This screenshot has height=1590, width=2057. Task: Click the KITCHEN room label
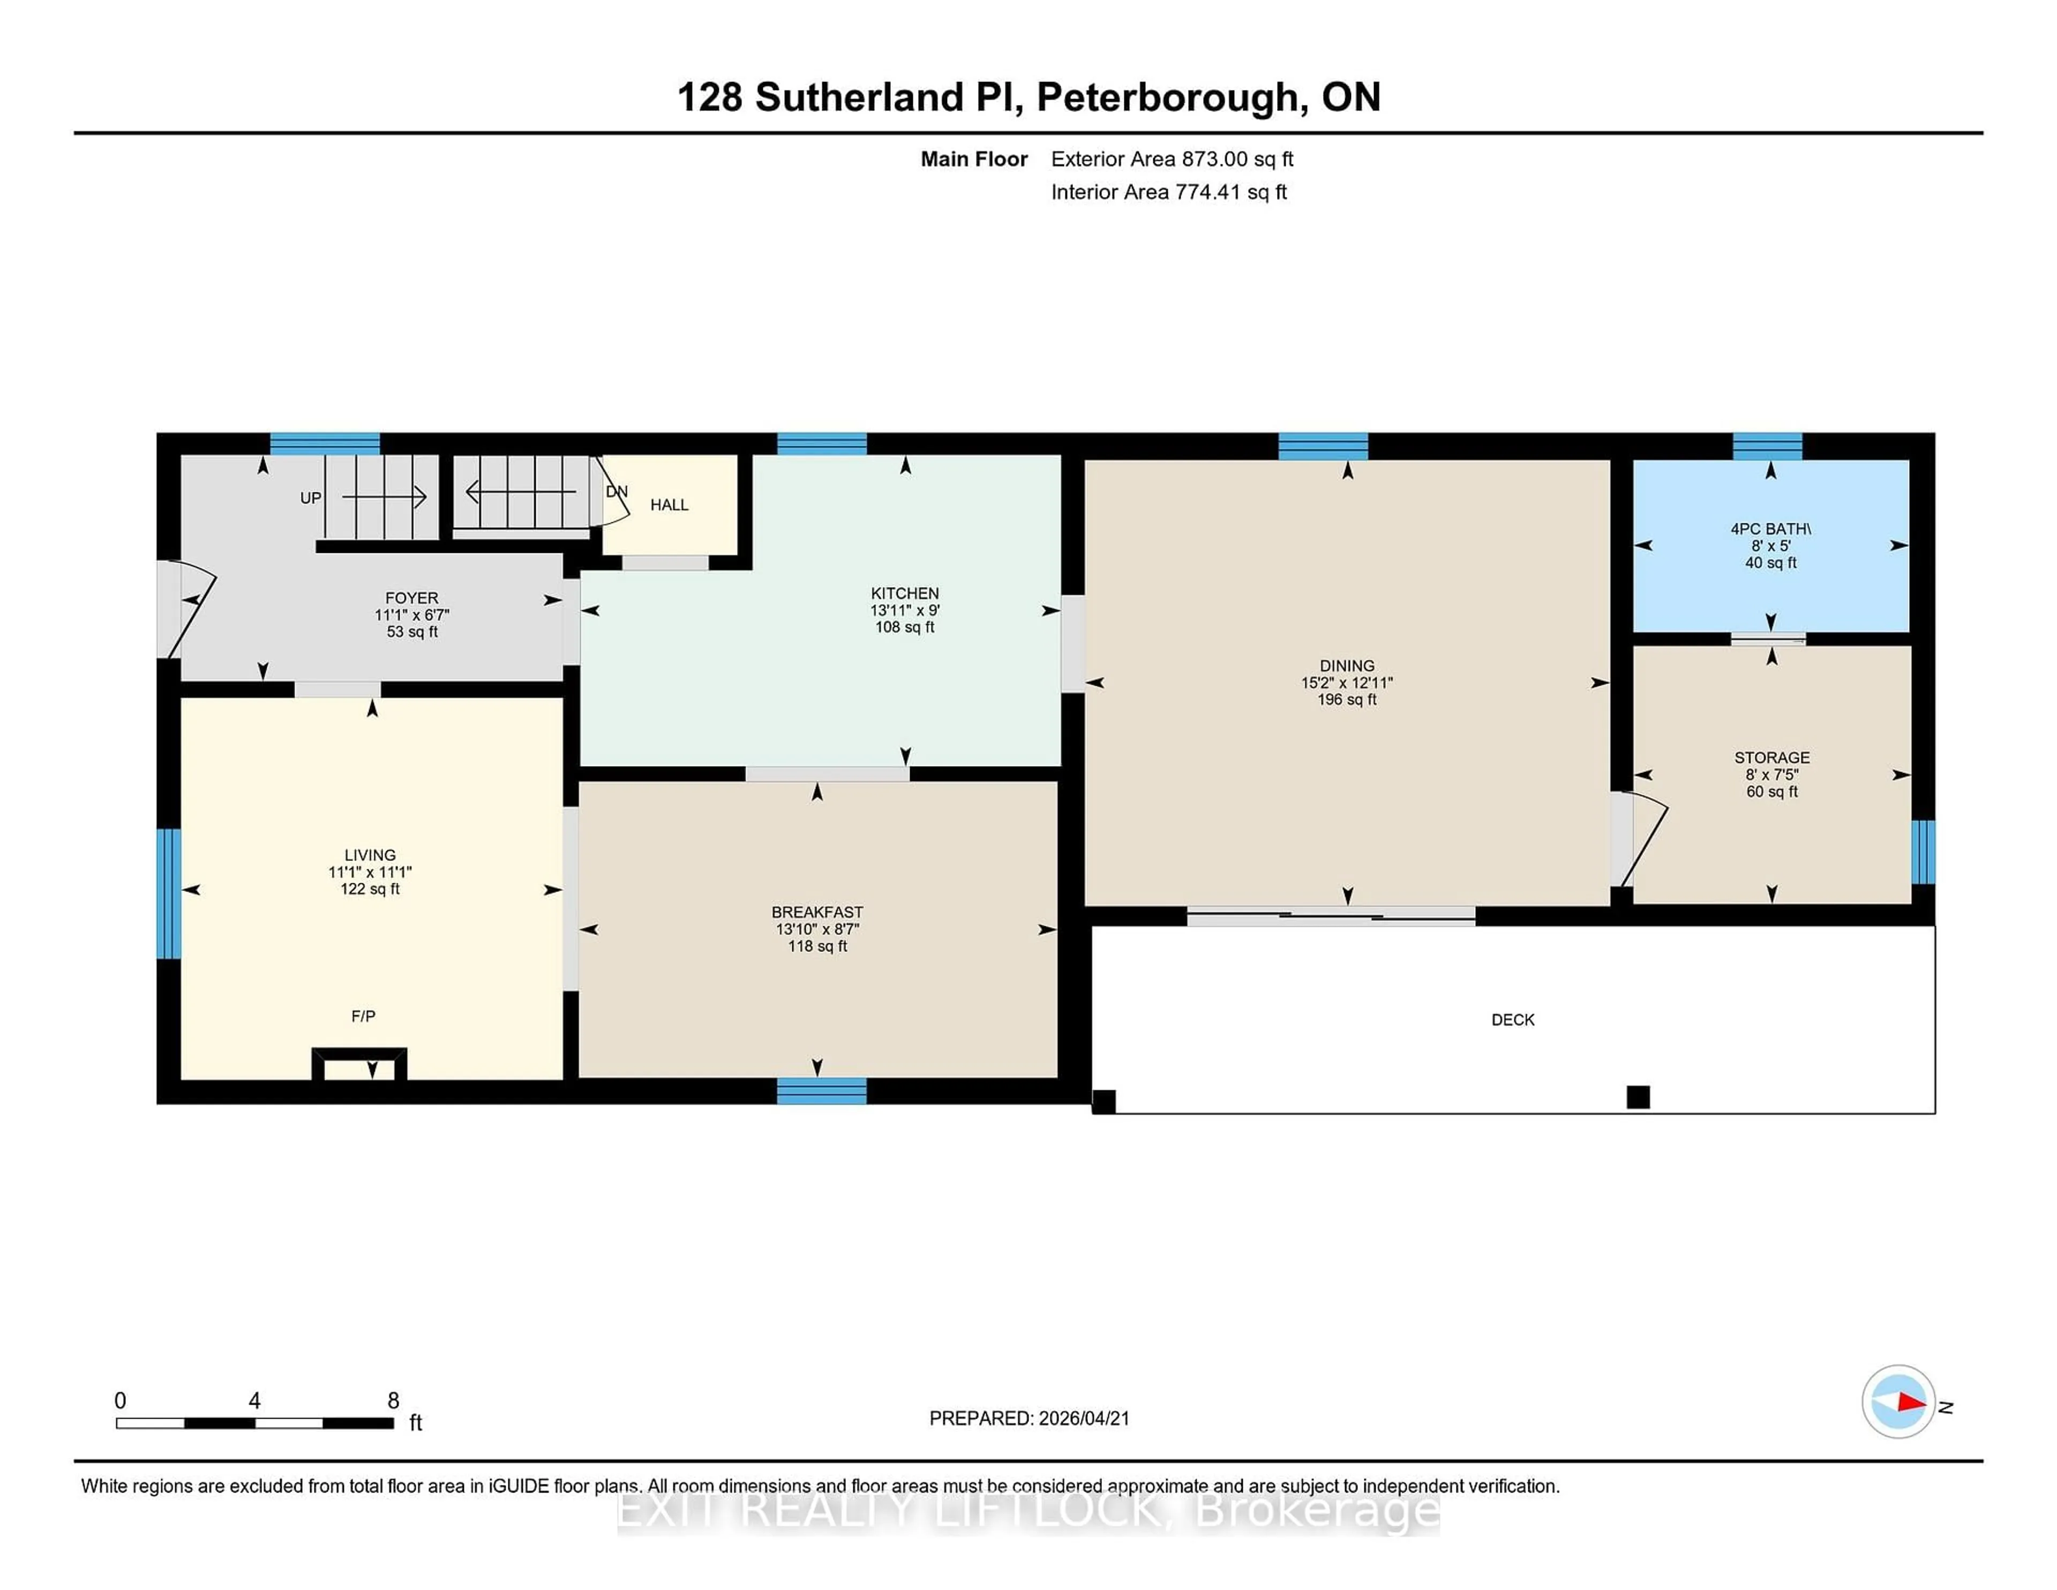[904, 594]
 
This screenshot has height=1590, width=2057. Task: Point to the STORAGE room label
[1771, 758]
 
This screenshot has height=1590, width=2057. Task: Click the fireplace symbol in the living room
[360, 1066]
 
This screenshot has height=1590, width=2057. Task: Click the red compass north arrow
[1911, 1402]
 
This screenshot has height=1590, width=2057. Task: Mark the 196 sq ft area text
[1347, 700]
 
